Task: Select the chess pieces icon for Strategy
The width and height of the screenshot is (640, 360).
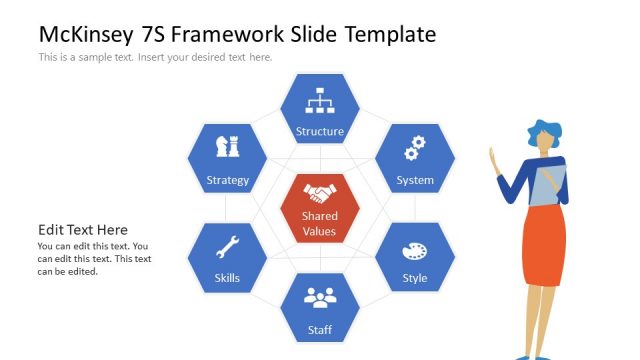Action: click(x=227, y=147)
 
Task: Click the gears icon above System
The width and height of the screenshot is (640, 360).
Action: click(x=414, y=148)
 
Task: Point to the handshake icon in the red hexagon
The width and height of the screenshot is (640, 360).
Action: click(x=320, y=193)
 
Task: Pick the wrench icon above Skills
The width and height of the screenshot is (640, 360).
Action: click(x=227, y=246)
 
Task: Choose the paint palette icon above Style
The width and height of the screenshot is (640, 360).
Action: click(x=414, y=251)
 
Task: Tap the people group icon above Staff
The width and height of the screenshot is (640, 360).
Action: click(x=320, y=297)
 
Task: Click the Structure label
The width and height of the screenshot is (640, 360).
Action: click(x=320, y=131)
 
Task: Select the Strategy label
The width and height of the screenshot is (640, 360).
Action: click(x=227, y=181)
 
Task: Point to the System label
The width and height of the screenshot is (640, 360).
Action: click(x=414, y=181)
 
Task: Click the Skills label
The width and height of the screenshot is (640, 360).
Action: click(x=227, y=278)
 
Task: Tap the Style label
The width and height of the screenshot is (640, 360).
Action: click(x=414, y=278)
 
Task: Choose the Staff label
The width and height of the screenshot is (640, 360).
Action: click(x=320, y=329)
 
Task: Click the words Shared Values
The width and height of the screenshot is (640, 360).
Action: click(x=320, y=224)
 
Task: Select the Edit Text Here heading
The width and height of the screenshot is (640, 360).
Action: click(x=83, y=230)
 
